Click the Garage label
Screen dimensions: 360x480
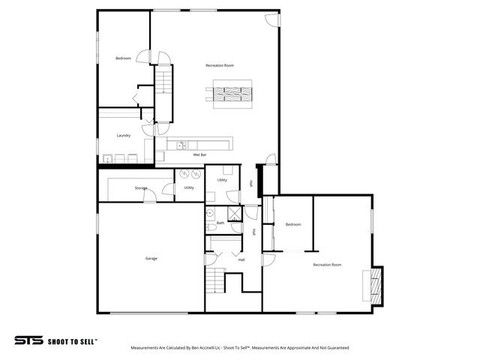(151, 258)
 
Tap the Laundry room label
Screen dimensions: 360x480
(124, 136)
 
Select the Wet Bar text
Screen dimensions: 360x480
(199, 154)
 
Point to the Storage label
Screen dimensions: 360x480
(141, 187)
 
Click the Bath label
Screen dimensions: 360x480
(220, 223)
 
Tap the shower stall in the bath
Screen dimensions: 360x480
(235, 213)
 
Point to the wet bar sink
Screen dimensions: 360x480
(181, 144)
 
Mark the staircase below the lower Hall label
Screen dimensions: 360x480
(216, 282)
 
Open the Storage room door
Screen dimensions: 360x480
(151, 196)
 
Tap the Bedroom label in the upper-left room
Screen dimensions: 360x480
(123, 58)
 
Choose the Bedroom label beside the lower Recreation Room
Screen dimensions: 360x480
(293, 224)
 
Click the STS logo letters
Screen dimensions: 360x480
(29, 340)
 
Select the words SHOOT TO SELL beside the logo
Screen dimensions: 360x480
(72, 340)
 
